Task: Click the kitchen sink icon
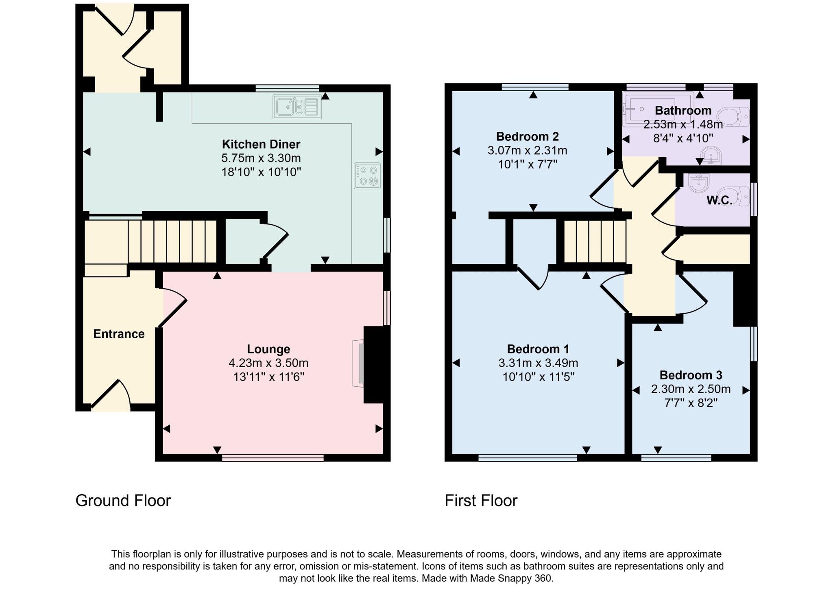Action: click(297, 107)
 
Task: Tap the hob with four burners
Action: click(367, 176)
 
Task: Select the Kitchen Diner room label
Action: click(261, 144)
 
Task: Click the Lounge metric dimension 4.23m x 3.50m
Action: click(268, 363)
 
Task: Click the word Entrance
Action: click(119, 334)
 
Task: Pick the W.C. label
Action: click(719, 200)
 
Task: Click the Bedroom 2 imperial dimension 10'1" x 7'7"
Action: click(527, 164)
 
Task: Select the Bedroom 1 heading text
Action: click(538, 349)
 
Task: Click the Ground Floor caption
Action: click(123, 500)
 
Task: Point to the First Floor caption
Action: click(481, 500)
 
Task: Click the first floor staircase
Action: click(595, 241)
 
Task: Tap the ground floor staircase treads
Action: click(173, 241)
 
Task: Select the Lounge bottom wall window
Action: click(273, 458)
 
